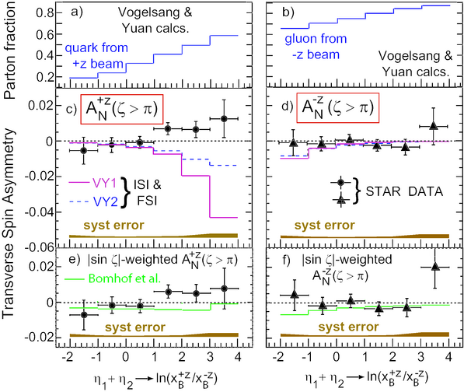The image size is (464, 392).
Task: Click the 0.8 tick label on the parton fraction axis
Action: point(44,13)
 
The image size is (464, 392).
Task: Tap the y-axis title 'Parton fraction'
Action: point(9,51)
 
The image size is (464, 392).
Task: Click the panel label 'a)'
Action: point(77,12)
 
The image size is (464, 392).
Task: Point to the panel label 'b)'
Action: point(288,12)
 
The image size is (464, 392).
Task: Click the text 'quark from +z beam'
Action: point(96,56)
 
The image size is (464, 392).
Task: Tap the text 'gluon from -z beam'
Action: point(316,47)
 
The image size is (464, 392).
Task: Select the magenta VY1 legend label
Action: point(105,184)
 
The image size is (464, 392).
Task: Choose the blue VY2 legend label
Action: point(106,201)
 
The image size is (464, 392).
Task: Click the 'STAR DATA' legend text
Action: point(404,191)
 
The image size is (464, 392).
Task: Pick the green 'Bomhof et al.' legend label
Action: point(124,278)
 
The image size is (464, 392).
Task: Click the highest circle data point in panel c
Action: point(224,119)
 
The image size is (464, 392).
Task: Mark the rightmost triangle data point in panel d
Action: point(434,125)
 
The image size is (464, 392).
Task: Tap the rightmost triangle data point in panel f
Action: point(435,267)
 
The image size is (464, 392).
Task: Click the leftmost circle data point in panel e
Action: point(84,315)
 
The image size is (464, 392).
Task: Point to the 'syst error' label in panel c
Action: point(114,226)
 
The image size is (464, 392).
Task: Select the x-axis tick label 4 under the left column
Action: point(238,356)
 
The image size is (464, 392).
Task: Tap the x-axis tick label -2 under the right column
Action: point(277,356)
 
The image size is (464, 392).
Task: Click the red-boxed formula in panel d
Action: point(337,108)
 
